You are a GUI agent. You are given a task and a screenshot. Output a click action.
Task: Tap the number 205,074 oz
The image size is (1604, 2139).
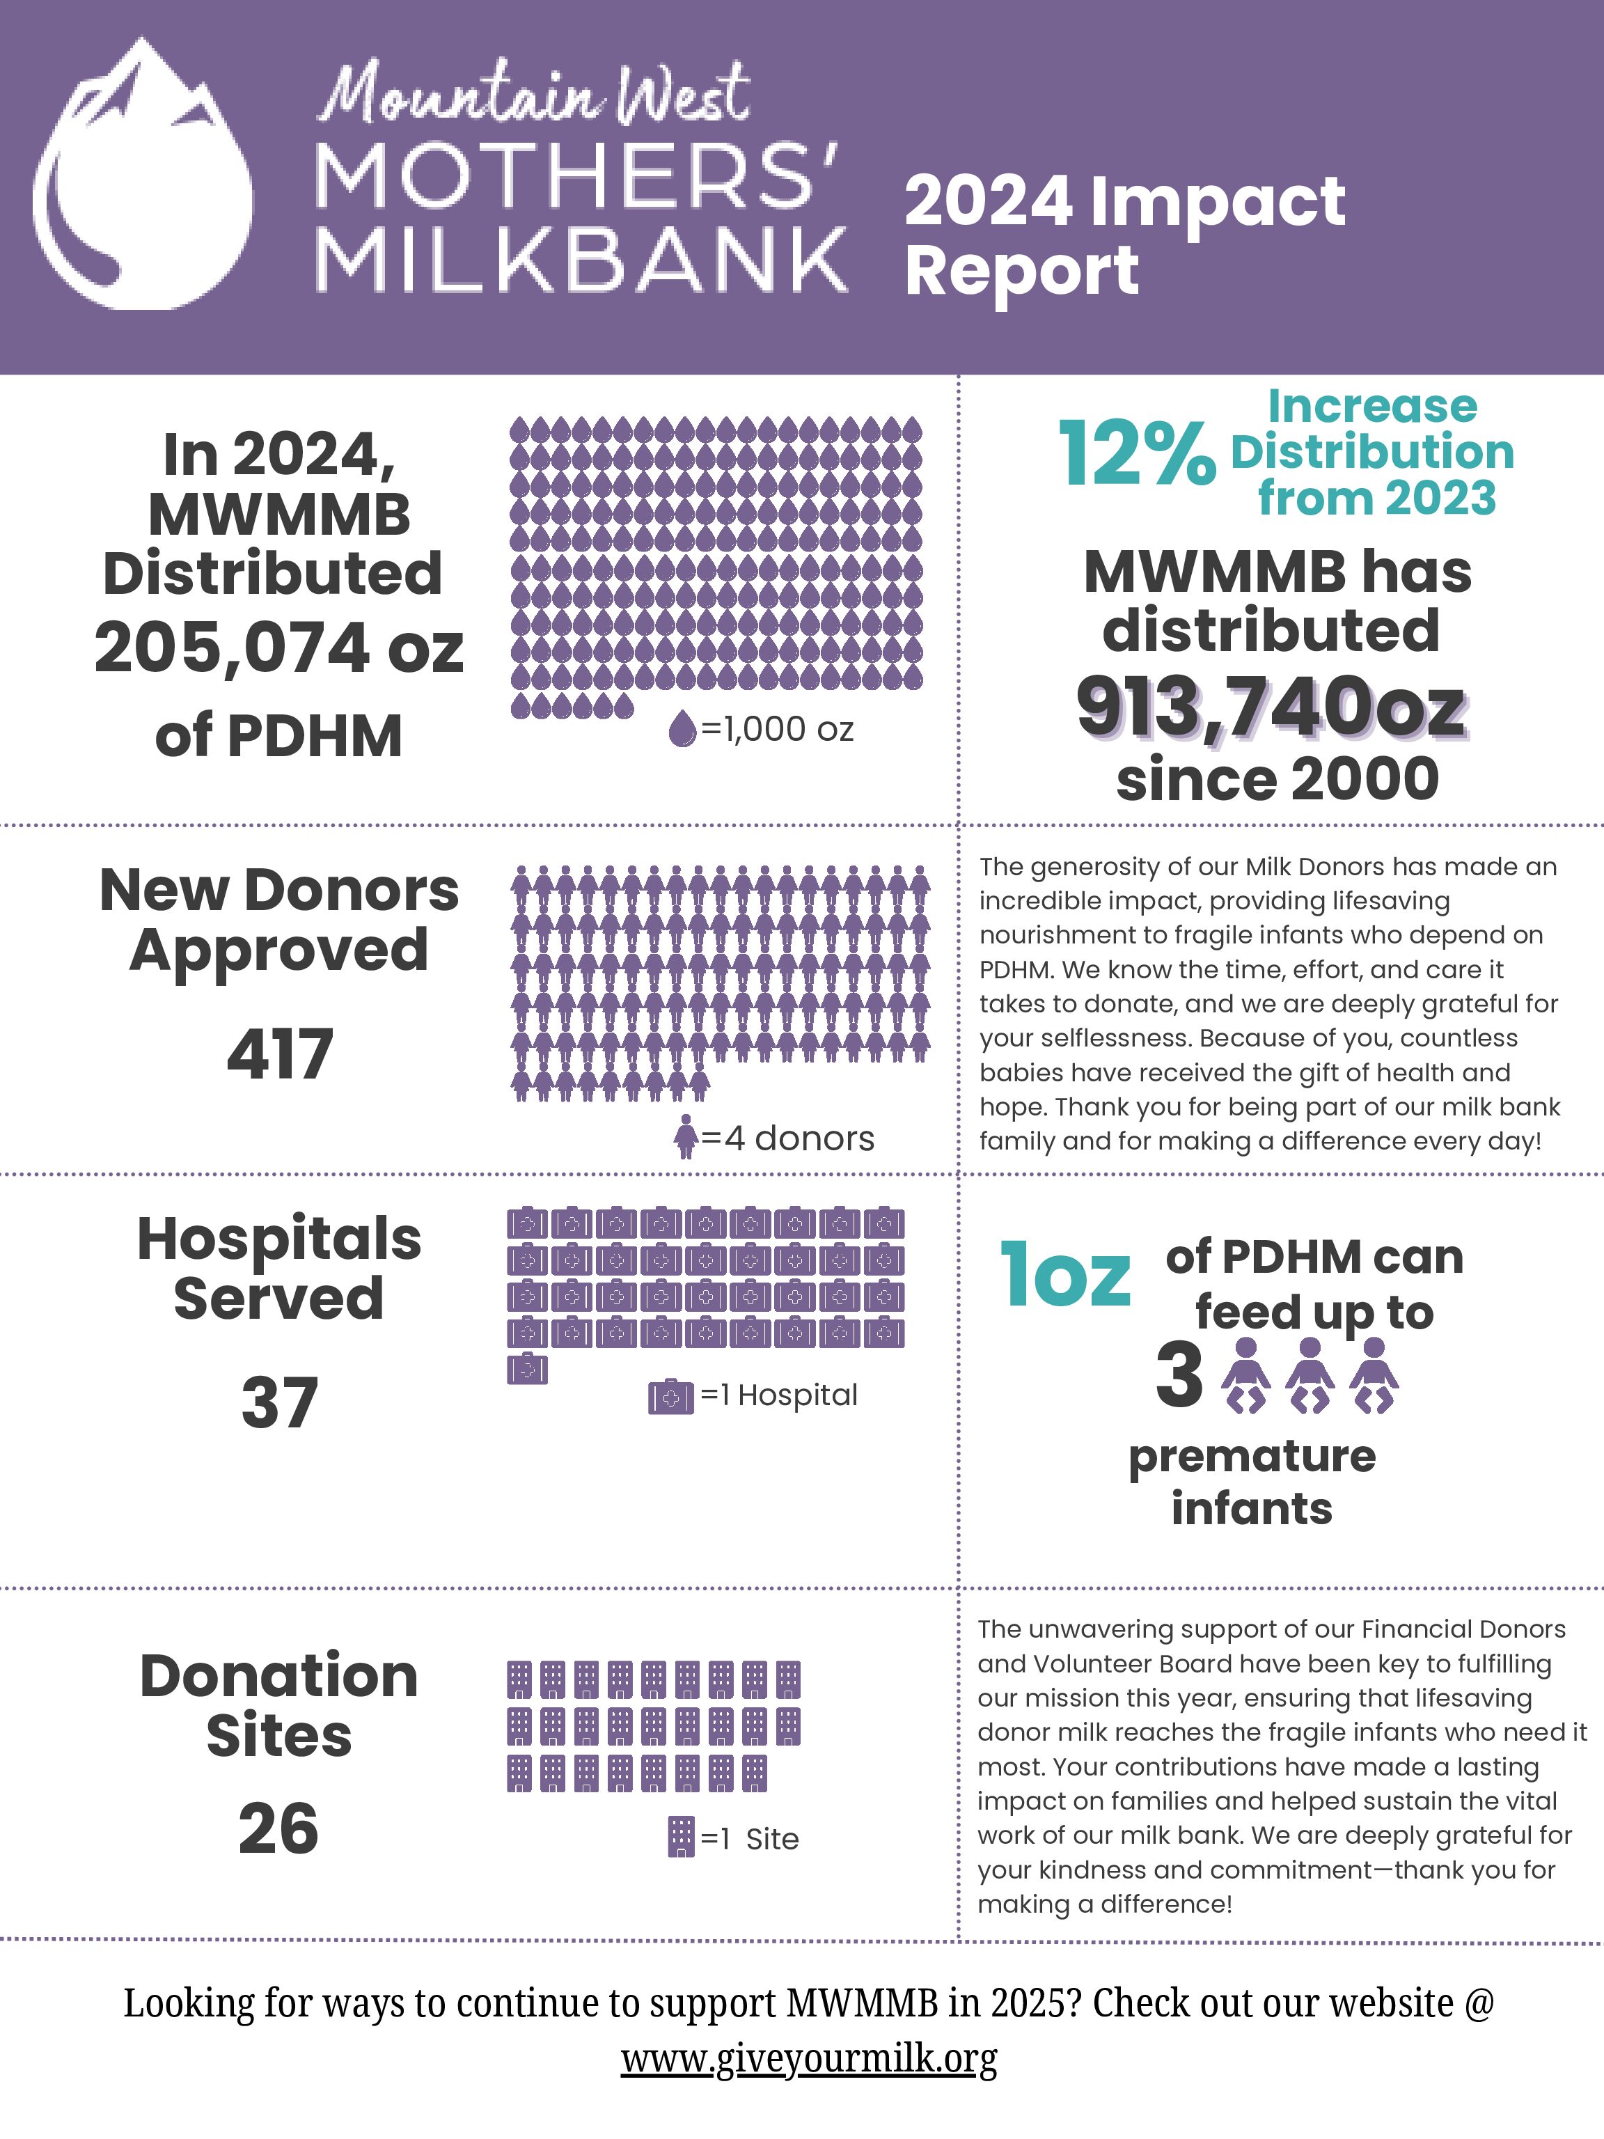(278, 648)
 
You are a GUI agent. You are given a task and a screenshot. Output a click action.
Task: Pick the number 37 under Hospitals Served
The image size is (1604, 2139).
(279, 1402)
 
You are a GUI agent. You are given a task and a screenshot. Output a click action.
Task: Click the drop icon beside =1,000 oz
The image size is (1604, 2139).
(682, 729)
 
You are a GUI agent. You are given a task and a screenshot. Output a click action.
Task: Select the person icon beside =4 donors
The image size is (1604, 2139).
(686, 1137)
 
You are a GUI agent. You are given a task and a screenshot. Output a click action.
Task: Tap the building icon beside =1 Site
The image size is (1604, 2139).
(682, 1836)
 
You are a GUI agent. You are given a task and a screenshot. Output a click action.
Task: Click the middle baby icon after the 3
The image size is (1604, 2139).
(1310, 1375)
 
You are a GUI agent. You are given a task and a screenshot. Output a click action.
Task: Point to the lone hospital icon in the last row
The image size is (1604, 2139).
(527, 1368)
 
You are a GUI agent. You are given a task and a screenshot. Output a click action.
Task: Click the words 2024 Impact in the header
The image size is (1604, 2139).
(1124, 201)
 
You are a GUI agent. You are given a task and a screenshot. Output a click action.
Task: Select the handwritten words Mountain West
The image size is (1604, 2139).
(535, 95)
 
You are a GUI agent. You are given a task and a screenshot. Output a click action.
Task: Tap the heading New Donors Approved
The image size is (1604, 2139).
(279, 920)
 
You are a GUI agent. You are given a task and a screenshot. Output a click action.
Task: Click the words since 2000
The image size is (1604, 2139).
(1277, 778)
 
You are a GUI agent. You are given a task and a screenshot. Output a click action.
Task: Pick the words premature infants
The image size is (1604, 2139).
(1252, 1482)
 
